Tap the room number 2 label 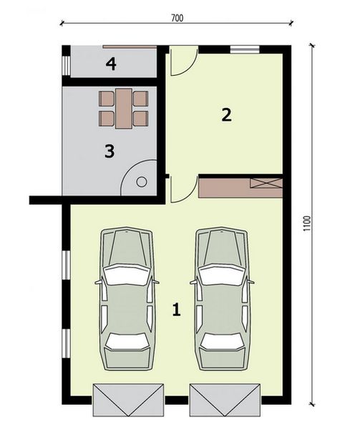226,114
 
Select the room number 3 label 110,151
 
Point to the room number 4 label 110,65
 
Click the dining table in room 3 124,107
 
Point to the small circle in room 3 141,182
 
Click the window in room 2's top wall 244,49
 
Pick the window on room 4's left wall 66,65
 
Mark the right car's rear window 223,341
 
